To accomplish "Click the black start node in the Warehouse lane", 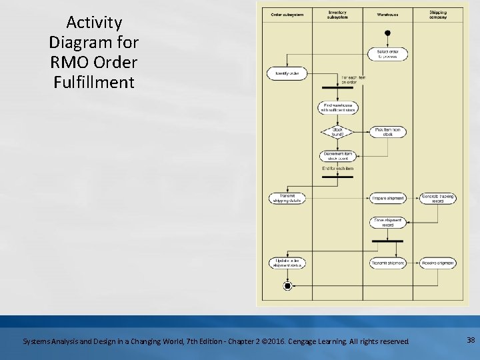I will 387,33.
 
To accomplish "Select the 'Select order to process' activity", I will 387,54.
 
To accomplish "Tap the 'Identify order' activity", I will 286,73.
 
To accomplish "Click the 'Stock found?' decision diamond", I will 337,132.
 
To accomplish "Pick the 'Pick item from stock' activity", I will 387,132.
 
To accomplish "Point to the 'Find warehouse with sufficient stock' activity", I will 337,108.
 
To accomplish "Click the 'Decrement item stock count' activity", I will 337,156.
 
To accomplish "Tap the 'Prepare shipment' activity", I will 387,199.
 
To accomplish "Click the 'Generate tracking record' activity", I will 438,199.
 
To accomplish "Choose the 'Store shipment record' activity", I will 387,223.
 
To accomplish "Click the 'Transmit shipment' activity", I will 387,263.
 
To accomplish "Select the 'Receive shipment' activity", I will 438,263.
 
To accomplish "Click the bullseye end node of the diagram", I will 287,285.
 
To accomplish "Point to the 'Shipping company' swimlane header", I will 438,14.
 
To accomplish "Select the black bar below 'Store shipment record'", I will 387,242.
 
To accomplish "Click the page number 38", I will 471,340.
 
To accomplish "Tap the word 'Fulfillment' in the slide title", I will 94,83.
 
